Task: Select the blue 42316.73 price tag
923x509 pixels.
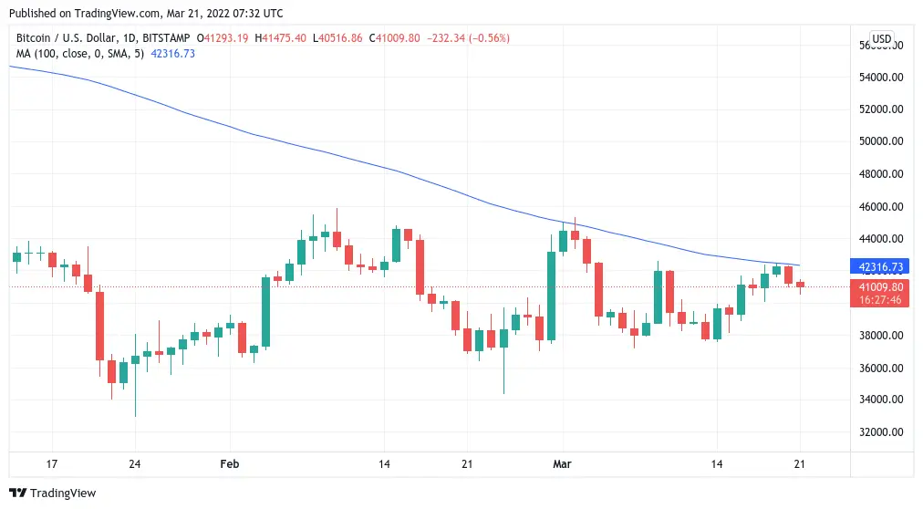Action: point(880,267)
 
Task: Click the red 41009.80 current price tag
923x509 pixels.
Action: point(880,286)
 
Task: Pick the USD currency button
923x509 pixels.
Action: point(881,39)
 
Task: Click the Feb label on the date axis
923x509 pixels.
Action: point(230,464)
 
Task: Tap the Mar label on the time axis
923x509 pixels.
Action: point(563,464)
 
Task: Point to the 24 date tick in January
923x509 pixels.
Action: point(134,464)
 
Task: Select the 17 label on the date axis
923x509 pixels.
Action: point(52,464)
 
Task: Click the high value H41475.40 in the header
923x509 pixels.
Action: point(281,38)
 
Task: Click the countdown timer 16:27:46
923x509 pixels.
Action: point(880,299)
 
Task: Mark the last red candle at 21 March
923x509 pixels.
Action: point(800,286)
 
